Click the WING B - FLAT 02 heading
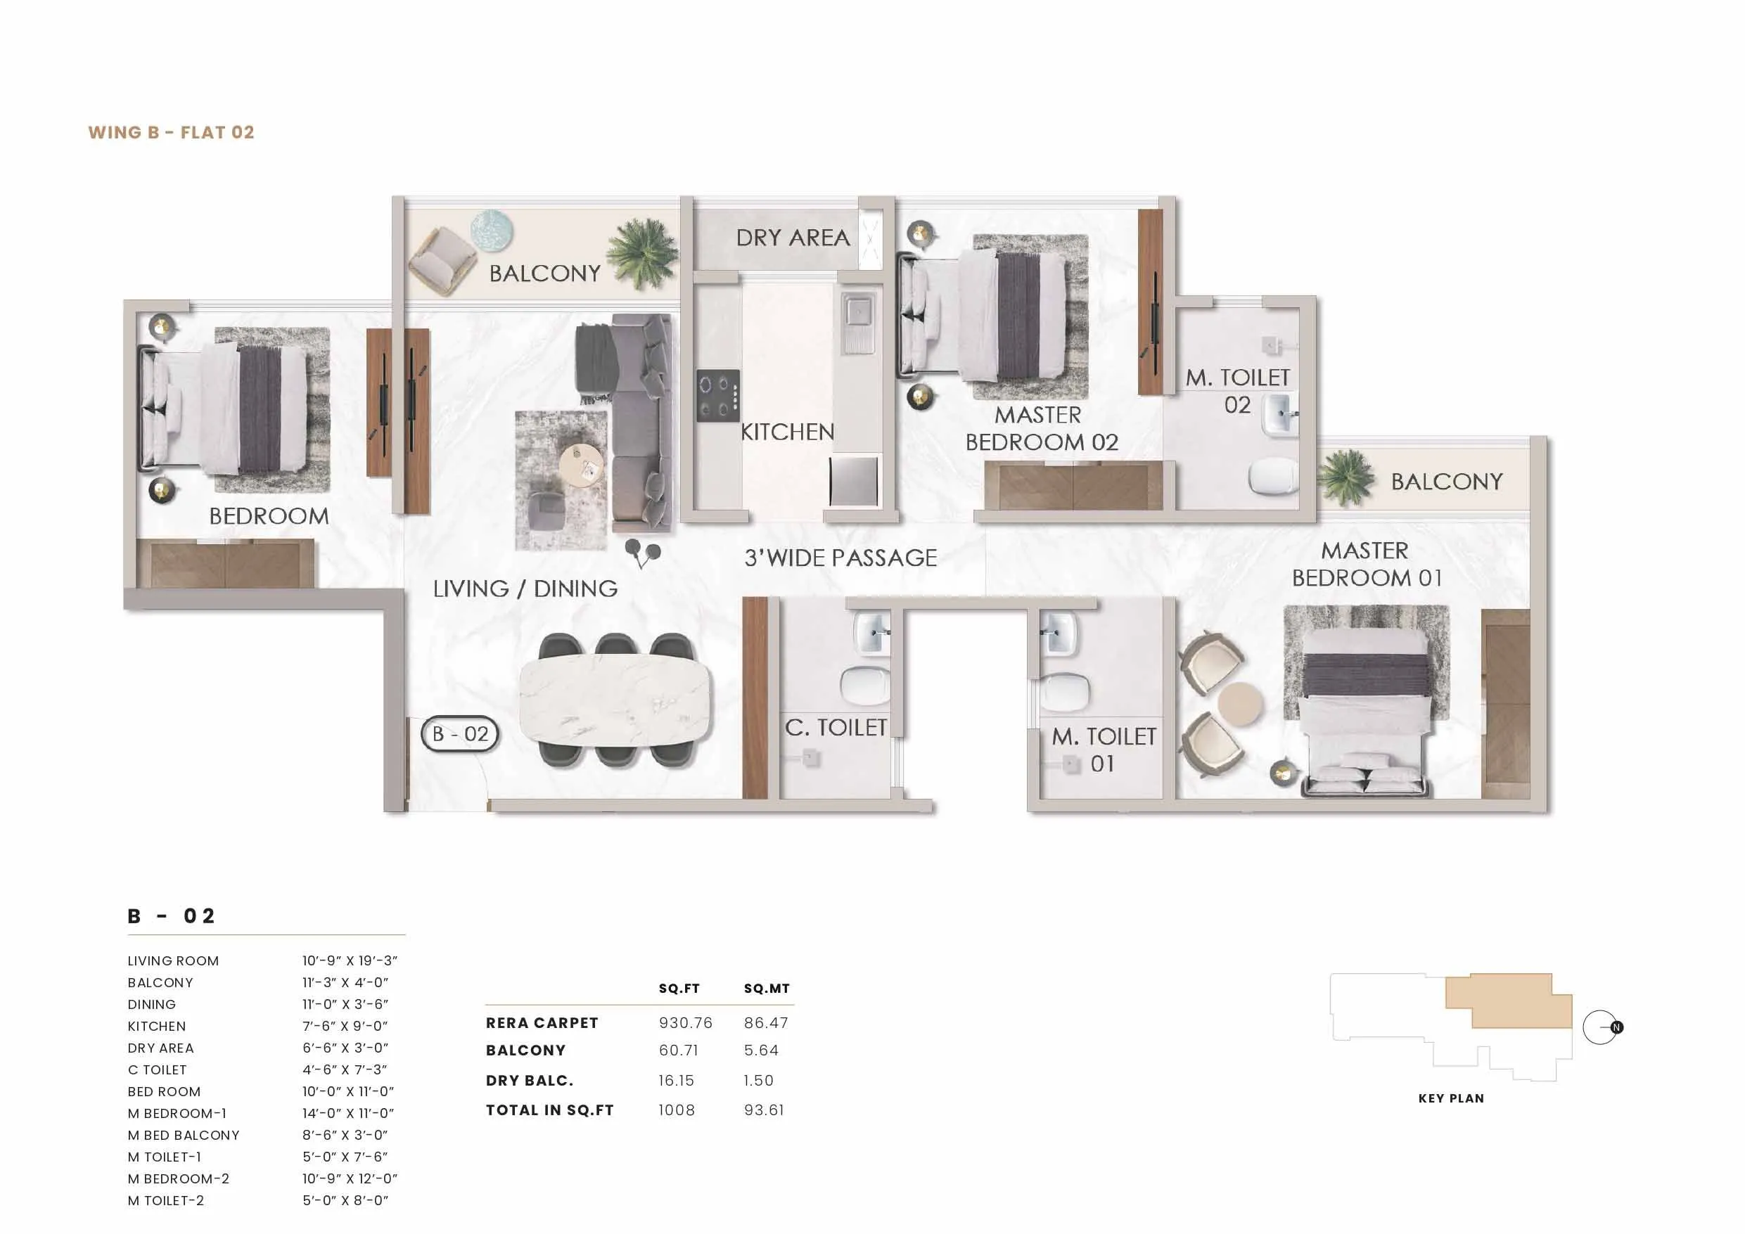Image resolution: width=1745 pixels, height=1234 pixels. click(x=171, y=132)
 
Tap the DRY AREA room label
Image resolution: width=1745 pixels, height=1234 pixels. click(x=793, y=238)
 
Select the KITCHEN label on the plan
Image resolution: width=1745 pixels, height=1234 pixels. click(x=787, y=432)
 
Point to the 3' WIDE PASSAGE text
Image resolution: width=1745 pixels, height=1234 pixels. click(x=840, y=558)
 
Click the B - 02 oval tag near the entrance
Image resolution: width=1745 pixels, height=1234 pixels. click(x=460, y=734)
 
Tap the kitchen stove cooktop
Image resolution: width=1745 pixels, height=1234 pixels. click(x=718, y=395)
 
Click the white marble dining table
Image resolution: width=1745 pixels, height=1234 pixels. click(x=615, y=697)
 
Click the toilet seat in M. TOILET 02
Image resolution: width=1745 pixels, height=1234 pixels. click(x=1273, y=477)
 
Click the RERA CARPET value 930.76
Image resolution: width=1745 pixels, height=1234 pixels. click(x=686, y=1023)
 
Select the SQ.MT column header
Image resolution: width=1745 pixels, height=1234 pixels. click(x=767, y=989)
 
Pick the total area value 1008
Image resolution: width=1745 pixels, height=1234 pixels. click(x=677, y=1110)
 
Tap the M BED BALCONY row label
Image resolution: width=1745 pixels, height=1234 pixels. click(x=183, y=1136)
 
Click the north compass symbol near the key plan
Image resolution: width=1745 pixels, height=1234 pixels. click(x=1602, y=1027)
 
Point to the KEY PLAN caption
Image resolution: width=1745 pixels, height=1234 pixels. click(x=1451, y=1098)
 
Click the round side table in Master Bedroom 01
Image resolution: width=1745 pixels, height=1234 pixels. click(x=1239, y=703)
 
